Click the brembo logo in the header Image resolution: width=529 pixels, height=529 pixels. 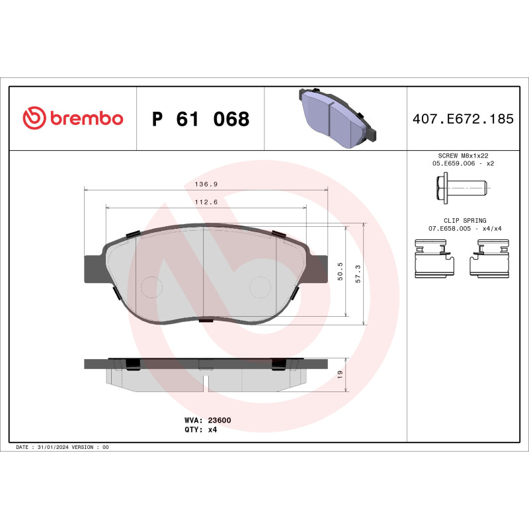tap(73, 118)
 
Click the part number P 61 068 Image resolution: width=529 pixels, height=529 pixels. tap(200, 119)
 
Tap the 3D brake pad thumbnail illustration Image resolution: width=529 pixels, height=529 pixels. tap(335, 117)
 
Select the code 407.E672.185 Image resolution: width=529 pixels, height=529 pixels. tap(462, 120)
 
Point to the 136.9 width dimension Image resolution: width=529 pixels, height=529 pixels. tap(206, 185)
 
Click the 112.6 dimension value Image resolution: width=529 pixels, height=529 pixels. tap(206, 203)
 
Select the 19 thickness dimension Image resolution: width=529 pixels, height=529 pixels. tap(340, 374)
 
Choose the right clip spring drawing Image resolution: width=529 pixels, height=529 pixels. tap(488, 260)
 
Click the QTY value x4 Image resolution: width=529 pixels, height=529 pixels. tap(212, 429)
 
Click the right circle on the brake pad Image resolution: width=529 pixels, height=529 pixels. tap(260, 286)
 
